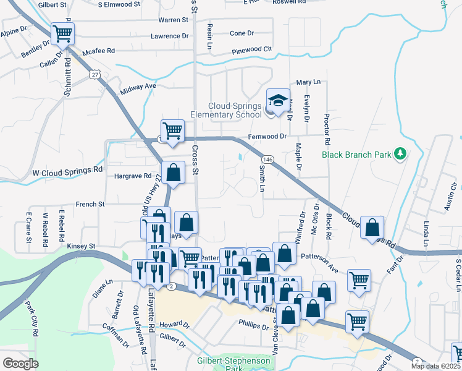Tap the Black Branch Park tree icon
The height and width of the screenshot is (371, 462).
pyautogui.click(x=400, y=153)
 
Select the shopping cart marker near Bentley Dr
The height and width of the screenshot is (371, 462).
pyautogui.click(x=62, y=33)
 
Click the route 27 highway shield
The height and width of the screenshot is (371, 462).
pyautogui.click(x=94, y=74)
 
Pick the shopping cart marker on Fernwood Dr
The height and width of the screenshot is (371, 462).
pyautogui.click(x=173, y=130)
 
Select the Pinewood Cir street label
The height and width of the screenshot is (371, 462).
pyautogui.click(x=251, y=49)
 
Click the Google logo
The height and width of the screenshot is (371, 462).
pyautogui.click(x=20, y=364)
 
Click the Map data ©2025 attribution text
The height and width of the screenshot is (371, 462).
pyautogui.click(x=435, y=366)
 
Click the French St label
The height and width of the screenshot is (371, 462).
pyautogui.click(x=90, y=203)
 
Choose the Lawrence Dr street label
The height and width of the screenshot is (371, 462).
pyautogui.click(x=169, y=36)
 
